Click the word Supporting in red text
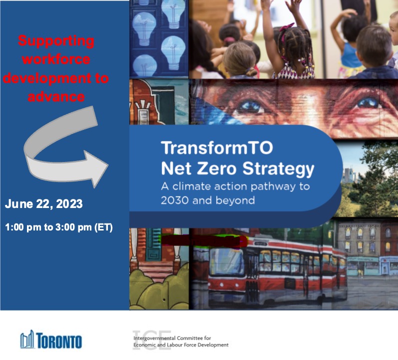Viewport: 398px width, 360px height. click(56, 41)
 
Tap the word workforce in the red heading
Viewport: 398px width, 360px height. click(56, 59)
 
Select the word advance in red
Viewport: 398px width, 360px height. click(56, 97)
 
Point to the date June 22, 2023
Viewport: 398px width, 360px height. click(43, 204)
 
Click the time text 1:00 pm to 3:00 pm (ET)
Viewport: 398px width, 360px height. click(59, 227)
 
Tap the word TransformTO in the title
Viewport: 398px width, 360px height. click(217, 147)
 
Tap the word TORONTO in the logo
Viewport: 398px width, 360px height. click(59, 341)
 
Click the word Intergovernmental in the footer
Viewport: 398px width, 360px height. click(154, 338)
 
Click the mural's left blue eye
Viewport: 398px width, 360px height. click(250, 106)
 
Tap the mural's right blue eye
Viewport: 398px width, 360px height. click(368, 103)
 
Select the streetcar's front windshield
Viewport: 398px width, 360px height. click(226, 261)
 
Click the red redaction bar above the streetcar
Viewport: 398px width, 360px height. click(204, 240)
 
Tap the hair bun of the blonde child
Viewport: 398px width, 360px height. click(251, 72)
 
